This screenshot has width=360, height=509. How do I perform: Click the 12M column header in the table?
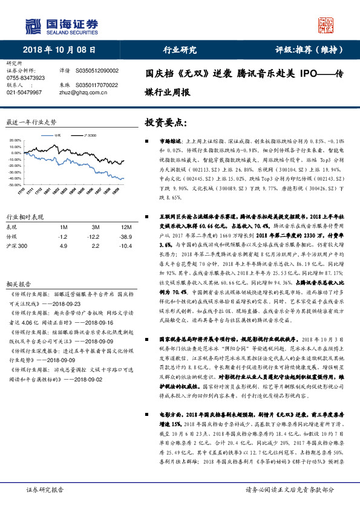click(122, 227)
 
